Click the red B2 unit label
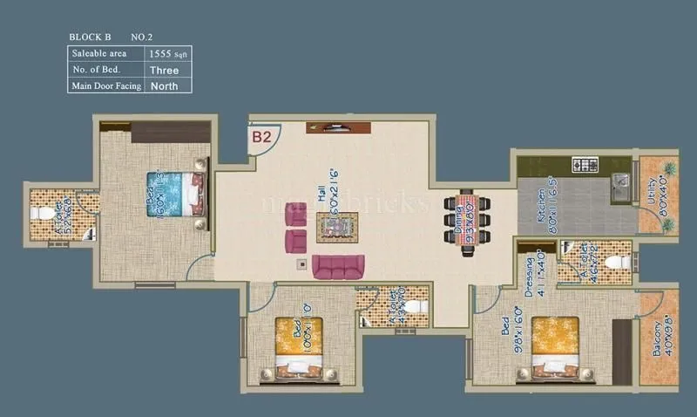click(262, 136)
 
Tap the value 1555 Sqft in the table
click(168, 53)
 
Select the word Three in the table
click(164, 69)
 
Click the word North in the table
click(165, 85)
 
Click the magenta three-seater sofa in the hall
click(338, 267)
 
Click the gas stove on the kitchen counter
click(584, 164)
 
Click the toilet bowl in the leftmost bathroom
click(37, 212)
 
